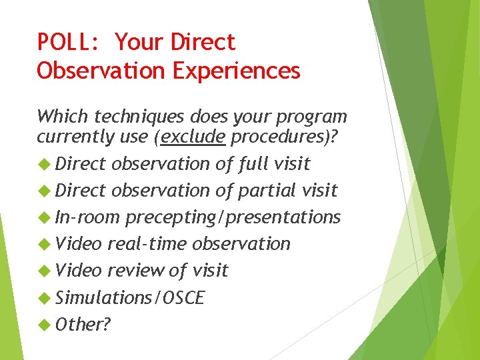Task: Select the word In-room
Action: (87, 217)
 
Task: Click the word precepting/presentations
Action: (233, 217)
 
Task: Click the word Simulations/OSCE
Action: (130, 297)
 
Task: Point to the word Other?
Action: (83, 325)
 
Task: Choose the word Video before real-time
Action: (79, 244)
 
